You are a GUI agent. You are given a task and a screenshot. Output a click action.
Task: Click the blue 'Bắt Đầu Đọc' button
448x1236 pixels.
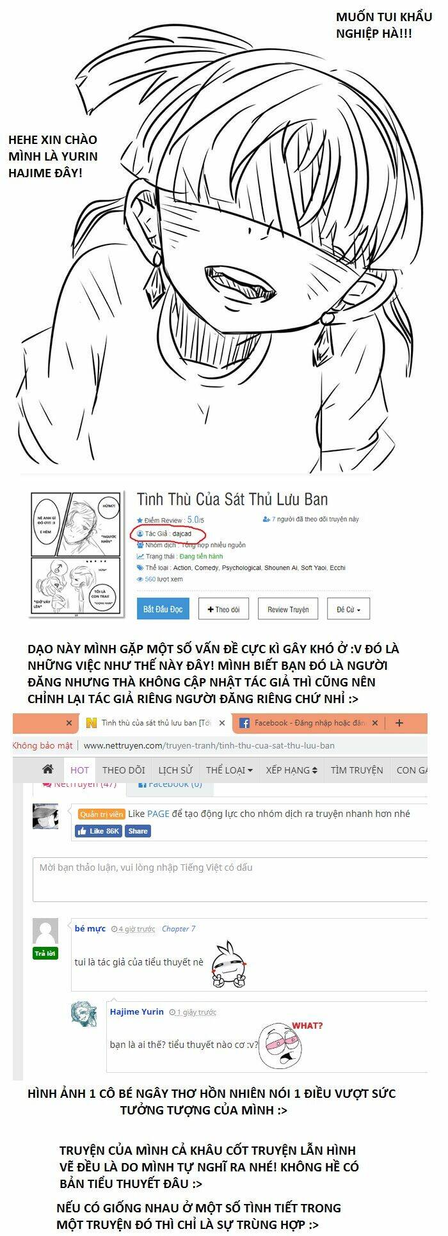pyautogui.click(x=163, y=609)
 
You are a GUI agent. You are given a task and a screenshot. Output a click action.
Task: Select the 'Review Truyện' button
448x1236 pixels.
pyautogui.click(x=287, y=609)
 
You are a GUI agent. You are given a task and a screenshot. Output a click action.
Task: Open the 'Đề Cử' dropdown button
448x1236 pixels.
pyautogui.click(x=348, y=609)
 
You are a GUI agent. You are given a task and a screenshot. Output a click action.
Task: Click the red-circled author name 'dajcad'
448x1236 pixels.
pyautogui.click(x=182, y=534)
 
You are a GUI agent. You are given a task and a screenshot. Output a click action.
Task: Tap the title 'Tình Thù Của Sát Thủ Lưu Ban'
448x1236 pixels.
pyautogui.click(x=232, y=499)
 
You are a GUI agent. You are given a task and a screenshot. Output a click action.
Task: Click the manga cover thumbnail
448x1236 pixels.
pyautogui.click(x=76, y=555)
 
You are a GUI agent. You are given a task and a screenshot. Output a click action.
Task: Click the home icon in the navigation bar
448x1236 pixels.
pyautogui.click(x=47, y=770)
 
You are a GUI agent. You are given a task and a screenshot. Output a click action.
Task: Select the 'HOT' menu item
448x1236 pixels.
pyautogui.click(x=79, y=770)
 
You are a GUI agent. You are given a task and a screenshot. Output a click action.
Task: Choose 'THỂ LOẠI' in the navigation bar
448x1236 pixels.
pyautogui.click(x=228, y=770)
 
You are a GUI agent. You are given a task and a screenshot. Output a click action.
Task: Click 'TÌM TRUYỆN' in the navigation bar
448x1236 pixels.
pyautogui.click(x=356, y=770)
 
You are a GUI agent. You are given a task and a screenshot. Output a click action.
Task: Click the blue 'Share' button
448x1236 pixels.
pyautogui.click(x=138, y=831)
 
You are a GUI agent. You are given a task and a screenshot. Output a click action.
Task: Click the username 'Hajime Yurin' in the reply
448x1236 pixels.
pyautogui.click(x=136, y=1011)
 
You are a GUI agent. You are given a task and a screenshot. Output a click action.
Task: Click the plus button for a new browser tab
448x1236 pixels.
pyautogui.click(x=399, y=723)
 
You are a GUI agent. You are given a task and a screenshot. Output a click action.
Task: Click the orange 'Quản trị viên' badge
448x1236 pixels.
pyautogui.click(x=101, y=814)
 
